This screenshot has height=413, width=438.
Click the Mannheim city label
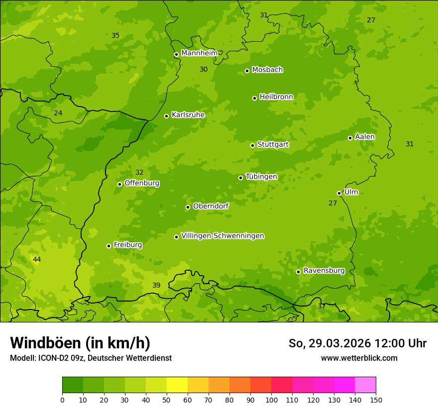point(199,53)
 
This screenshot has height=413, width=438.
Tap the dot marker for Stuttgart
point(252,145)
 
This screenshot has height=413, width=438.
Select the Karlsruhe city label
point(188,115)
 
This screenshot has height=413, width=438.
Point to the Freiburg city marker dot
point(109,246)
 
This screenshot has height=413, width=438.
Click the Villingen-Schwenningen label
point(222,236)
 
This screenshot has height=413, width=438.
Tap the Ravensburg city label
point(324,271)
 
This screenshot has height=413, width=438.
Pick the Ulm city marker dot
point(339,193)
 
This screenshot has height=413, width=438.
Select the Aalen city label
point(365,137)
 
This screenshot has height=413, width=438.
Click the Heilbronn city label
point(276,97)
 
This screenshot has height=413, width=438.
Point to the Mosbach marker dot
point(247,71)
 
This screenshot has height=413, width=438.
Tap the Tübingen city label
point(261,177)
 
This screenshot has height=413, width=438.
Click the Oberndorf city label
point(211,206)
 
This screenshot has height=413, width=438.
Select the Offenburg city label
point(142,183)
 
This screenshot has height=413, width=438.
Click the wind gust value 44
point(37,260)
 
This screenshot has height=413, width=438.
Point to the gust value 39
point(156,285)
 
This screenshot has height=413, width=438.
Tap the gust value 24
point(58,113)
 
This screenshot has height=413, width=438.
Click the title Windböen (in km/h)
point(80,343)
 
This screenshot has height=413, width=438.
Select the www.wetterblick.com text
point(359,358)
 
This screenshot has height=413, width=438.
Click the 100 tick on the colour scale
point(271,400)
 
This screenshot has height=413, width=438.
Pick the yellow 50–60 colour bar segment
point(177,385)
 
